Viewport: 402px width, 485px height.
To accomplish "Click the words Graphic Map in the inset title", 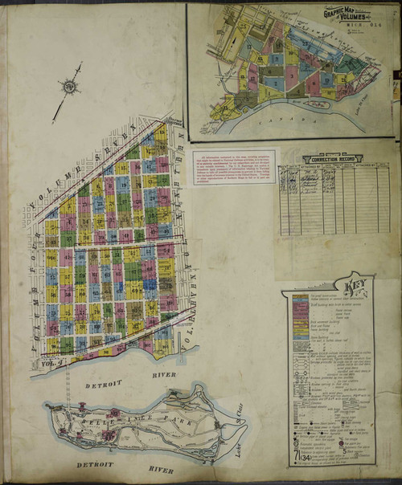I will [336, 13].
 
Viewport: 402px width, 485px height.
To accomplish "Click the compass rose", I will [69, 88].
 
